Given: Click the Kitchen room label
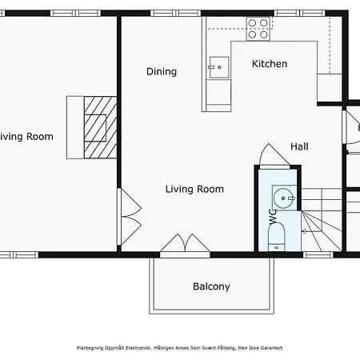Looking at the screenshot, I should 270,64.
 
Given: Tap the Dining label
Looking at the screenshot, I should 161,72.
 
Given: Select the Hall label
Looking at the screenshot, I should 299,146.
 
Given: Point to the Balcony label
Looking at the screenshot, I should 211,286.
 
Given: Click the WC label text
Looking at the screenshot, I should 273,216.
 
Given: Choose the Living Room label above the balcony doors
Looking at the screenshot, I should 194,190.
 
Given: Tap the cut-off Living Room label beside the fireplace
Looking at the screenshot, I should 26,137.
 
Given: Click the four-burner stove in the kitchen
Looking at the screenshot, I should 258,29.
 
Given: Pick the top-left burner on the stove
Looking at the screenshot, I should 252,23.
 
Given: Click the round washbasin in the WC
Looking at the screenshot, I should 284,197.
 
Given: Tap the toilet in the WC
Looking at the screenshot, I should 276,235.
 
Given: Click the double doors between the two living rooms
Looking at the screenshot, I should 126,218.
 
